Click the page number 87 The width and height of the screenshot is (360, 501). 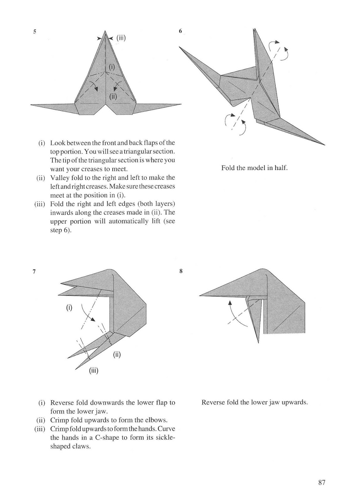322,483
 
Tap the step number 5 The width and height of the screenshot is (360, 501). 35,31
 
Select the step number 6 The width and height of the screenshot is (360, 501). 180,31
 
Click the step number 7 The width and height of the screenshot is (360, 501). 34,272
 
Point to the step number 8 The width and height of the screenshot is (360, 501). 181,271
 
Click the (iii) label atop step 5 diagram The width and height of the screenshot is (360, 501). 121,38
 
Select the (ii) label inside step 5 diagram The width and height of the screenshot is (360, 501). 113,96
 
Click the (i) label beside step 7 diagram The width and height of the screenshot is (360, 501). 69,307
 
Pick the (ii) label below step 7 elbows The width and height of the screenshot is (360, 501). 117,354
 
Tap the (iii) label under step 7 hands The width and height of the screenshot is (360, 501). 93,371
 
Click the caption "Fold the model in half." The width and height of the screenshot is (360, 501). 254,168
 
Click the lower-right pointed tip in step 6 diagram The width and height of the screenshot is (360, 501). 324,145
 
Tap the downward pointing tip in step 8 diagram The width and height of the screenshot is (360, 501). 259,342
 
